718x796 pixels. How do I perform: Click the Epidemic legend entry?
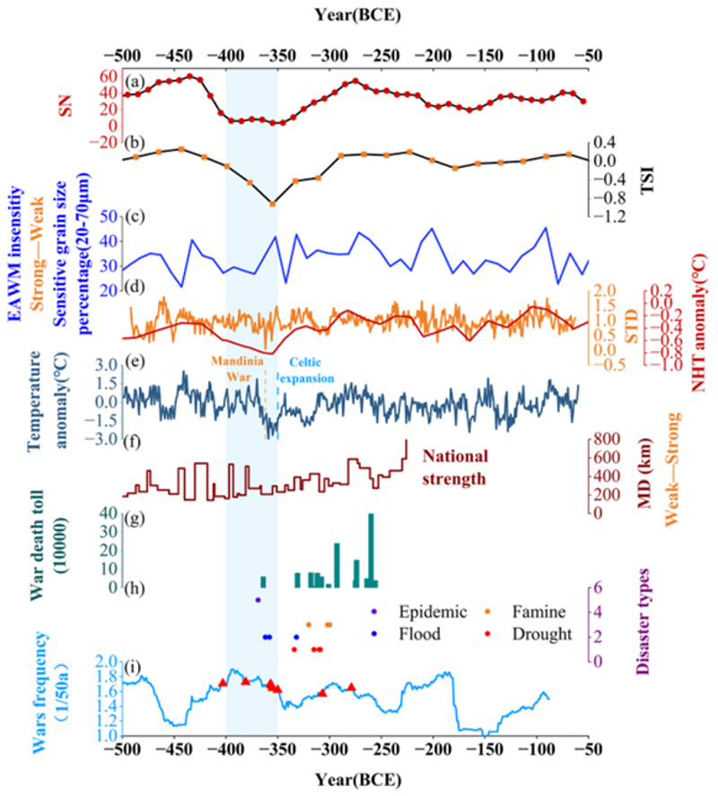point(420,612)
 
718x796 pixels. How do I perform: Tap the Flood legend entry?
point(407,634)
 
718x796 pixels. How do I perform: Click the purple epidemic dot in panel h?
point(258,600)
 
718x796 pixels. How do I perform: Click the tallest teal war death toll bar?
point(372,550)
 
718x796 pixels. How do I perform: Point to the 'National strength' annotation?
point(455,468)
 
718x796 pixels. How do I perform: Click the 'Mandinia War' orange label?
point(238,369)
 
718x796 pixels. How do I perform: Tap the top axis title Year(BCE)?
point(358,14)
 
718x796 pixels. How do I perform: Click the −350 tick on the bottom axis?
point(277,749)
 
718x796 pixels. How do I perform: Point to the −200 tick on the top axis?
point(433,55)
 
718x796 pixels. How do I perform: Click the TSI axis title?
point(647,179)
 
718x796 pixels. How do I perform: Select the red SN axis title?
point(66,106)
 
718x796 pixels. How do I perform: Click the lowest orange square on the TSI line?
point(273,204)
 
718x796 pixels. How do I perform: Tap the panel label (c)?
point(135,217)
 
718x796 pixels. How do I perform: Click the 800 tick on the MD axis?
point(607,439)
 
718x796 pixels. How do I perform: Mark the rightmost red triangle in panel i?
point(351,687)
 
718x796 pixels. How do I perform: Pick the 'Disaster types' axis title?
point(643,621)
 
